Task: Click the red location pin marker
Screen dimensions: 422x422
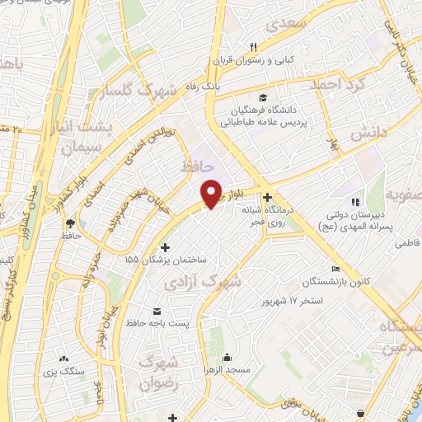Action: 212,193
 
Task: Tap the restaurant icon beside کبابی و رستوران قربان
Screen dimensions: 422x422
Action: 255,47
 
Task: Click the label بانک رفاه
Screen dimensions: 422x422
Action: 204,85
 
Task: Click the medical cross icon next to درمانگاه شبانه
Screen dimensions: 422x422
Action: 267,197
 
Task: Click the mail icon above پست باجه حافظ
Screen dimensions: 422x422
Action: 157,311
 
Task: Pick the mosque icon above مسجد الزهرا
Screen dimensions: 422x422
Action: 227,358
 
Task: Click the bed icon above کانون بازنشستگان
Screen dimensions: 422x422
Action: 335,269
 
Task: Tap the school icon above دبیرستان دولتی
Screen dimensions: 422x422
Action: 355,202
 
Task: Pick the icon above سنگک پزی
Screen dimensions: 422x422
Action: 65,359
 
